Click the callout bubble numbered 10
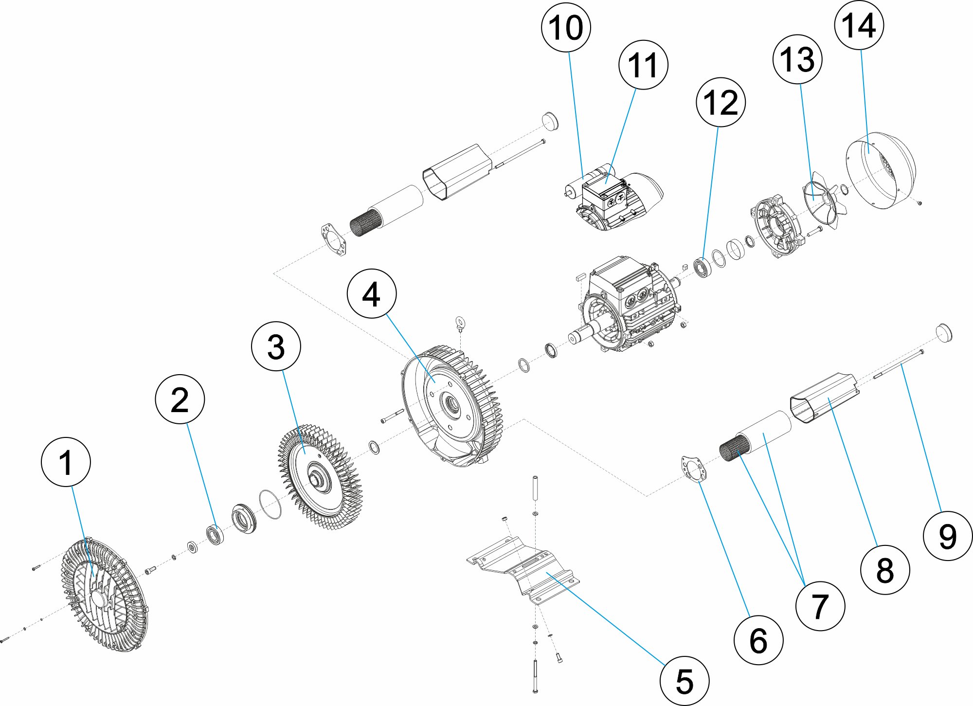click(x=566, y=27)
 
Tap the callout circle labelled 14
click(x=859, y=25)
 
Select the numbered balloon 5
click(x=685, y=681)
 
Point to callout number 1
click(x=66, y=462)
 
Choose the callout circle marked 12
click(x=721, y=102)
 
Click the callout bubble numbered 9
click(x=948, y=536)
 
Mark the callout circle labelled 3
click(x=276, y=346)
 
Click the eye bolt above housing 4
click(x=459, y=322)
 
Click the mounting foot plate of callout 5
click(x=523, y=569)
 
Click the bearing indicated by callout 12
click(x=703, y=268)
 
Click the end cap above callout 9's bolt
click(x=944, y=333)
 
